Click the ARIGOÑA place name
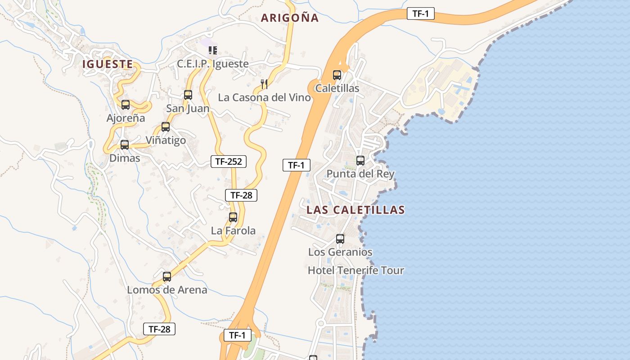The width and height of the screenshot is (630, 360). point(290,18)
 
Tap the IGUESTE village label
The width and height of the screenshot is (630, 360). point(108,64)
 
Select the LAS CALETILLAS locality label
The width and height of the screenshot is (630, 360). point(355,210)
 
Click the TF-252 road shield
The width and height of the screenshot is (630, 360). point(229,162)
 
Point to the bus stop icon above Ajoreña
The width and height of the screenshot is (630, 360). point(126,105)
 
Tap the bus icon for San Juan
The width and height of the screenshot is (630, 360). point(188,95)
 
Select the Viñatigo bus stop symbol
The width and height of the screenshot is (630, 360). point(166,127)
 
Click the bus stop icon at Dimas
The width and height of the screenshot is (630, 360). point(125,145)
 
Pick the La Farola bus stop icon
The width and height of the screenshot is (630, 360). point(233,217)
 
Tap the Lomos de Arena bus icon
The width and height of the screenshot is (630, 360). point(167,277)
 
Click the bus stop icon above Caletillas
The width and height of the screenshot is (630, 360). point(337,75)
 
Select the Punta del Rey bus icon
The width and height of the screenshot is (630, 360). point(360,161)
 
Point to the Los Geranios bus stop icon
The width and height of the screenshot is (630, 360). point(340,239)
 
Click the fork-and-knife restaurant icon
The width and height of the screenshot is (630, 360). point(264,84)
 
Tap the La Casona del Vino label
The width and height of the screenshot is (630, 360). point(264,98)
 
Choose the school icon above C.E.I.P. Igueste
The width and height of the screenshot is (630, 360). point(213,50)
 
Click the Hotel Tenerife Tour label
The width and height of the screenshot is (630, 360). point(355,270)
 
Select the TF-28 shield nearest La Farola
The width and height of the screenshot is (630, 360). point(241,195)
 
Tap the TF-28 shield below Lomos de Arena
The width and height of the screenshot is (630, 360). point(159,329)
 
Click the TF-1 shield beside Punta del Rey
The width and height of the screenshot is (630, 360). point(297,165)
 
